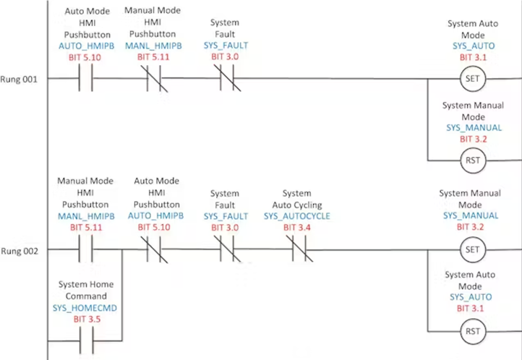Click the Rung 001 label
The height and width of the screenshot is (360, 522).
[19, 78]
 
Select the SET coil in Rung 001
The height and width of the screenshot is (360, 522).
[472, 78]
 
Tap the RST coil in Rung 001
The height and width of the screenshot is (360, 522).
[472, 160]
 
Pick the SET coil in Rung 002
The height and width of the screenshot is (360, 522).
[472, 251]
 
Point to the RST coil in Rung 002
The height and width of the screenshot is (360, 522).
[472, 332]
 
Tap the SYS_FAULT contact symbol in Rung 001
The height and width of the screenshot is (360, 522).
[225, 78]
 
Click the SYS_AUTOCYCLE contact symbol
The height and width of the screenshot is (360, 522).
[296, 251]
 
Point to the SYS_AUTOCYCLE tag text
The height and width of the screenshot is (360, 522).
[296, 216]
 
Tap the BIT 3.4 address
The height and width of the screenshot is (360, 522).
[296, 227]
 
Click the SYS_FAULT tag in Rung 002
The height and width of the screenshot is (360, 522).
[225, 216]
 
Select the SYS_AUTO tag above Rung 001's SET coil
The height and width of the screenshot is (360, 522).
[472, 45]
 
